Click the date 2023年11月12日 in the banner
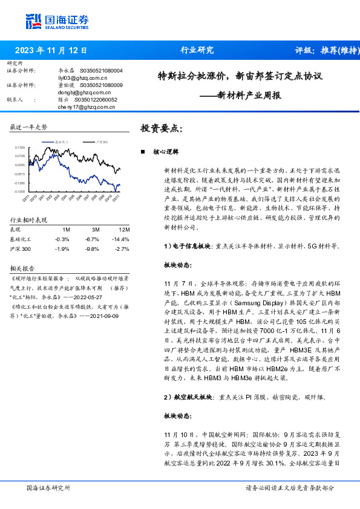click(51, 51)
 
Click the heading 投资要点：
click(161, 128)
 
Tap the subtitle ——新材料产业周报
click(240, 95)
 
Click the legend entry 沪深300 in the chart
click(101, 140)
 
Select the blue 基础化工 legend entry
click(62, 140)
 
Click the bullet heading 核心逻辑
click(164, 152)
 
